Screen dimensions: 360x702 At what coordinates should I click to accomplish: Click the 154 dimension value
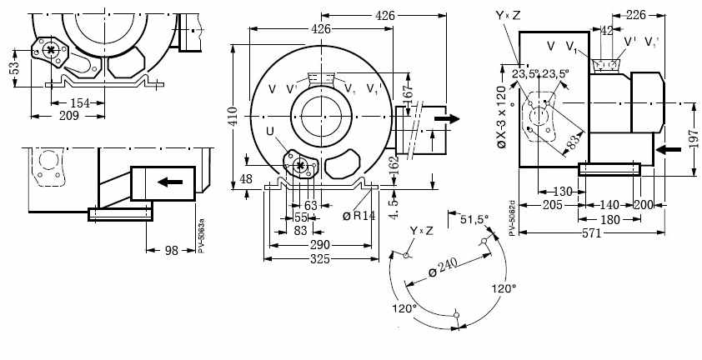pyautogui.click(x=79, y=102)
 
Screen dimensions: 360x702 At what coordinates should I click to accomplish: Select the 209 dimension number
pyautogui.click(x=69, y=116)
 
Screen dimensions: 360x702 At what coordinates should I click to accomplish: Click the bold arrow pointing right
pyautogui.click(x=447, y=118)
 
